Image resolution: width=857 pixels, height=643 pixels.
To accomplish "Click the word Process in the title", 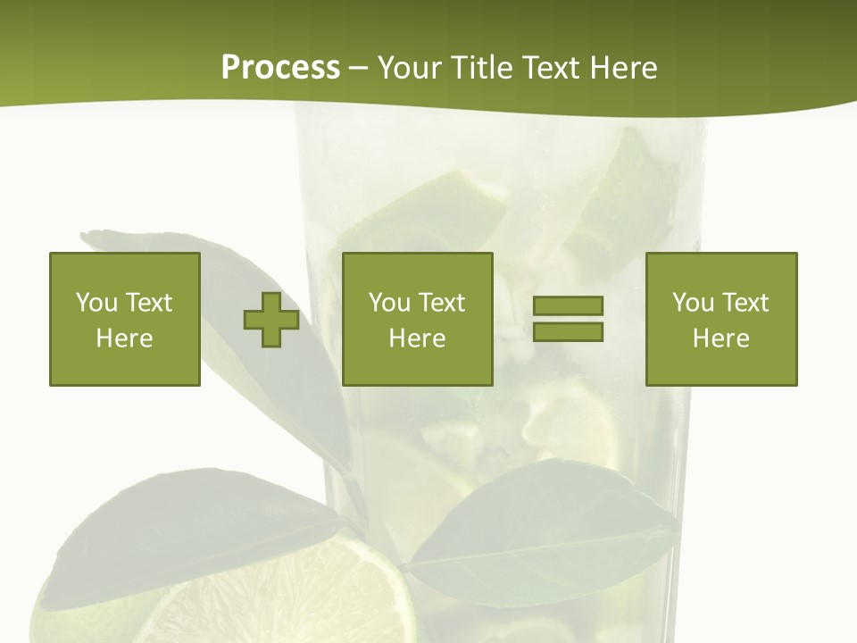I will coord(280,68).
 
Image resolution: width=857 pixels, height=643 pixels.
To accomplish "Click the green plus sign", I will coord(271,320).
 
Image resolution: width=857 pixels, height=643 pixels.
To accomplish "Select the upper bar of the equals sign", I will coord(568,306).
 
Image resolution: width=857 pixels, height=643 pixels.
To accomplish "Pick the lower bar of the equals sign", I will coord(568,331).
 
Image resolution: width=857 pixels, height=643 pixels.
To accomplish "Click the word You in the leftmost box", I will coord(96,303).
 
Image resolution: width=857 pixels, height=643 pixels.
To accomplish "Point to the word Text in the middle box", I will coord(441,303).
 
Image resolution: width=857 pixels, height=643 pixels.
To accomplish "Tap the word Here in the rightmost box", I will coord(721,338).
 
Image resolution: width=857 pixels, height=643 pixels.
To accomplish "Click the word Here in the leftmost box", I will coord(125,338).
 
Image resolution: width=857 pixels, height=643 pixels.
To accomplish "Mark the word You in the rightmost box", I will coord(693,303).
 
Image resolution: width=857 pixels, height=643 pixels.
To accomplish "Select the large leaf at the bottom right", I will coord(545,536).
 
